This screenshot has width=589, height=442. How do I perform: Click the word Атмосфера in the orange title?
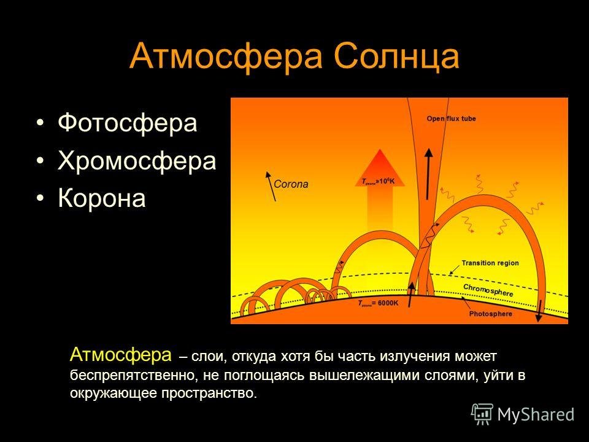coord(226,56)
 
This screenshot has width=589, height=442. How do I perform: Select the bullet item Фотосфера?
coord(128,123)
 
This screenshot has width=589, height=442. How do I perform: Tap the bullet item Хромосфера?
coord(137,161)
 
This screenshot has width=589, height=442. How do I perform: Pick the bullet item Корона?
coord(102,198)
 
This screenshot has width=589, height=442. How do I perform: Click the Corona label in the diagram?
coord(291,184)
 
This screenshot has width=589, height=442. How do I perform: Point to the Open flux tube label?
coord(451,118)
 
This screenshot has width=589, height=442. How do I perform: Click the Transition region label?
coord(490,263)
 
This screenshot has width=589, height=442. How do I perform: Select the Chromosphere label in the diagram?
coord(488,290)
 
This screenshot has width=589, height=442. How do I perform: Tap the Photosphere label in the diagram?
coord(491,314)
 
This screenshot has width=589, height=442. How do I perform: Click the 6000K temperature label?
coord(379,303)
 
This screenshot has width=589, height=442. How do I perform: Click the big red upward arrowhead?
coord(380,168)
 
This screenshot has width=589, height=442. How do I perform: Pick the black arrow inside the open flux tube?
coord(428,174)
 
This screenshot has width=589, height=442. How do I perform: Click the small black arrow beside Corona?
coord(271,187)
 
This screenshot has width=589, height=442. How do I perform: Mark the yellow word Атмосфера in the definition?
coord(121,355)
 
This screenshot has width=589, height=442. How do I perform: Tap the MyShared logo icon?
coord(482,414)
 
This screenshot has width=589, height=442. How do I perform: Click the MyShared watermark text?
coord(536,414)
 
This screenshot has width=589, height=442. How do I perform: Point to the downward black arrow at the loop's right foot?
coord(538,311)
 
